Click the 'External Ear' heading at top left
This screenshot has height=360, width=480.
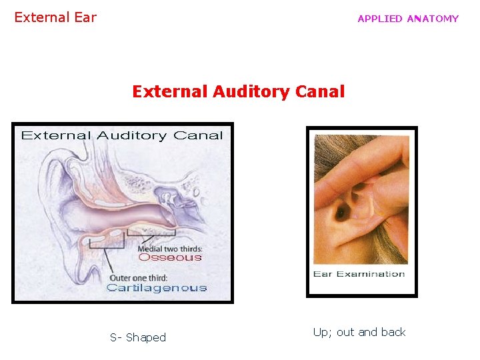point(55,18)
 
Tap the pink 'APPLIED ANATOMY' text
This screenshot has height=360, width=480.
point(408,19)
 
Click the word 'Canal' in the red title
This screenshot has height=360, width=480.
point(321,91)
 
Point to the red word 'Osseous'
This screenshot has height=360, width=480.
point(169,258)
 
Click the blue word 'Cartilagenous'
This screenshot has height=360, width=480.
point(157,288)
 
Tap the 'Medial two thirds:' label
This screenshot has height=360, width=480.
point(169,248)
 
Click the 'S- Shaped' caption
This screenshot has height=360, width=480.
point(138,337)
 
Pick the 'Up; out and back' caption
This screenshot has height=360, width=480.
point(359,332)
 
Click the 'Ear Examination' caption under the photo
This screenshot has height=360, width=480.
point(359,274)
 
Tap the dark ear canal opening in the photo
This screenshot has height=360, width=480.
point(341,213)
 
